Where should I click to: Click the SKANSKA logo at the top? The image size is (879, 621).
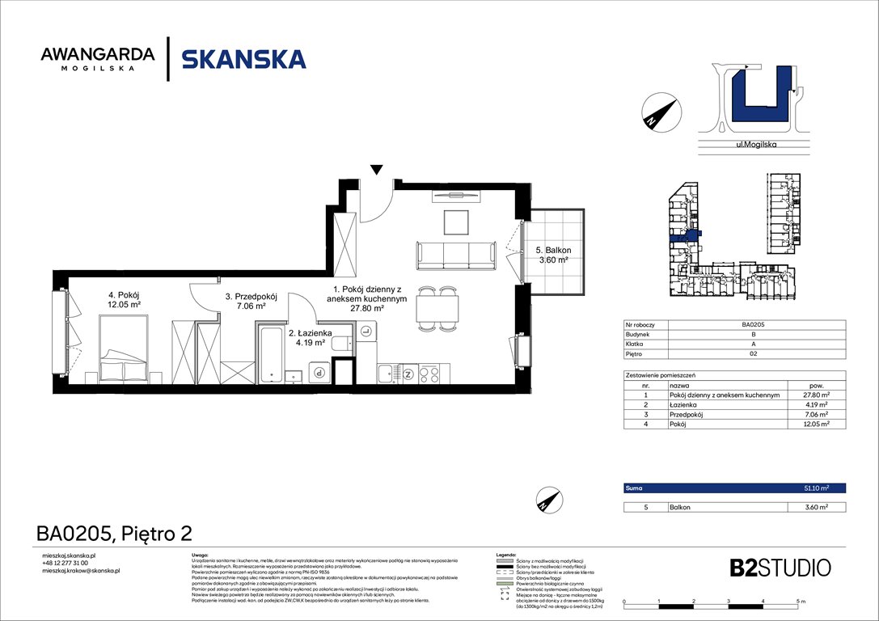pyautogui.click(x=243, y=59)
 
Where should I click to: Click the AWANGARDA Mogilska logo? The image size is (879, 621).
pyautogui.click(x=98, y=58)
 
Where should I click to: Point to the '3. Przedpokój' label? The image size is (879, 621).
pyautogui.click(x=251, y=297)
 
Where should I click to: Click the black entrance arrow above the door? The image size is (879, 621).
pyautogui.click(x=376, y=169)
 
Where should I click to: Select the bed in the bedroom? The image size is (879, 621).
pyautogui.click(x=123, y=349)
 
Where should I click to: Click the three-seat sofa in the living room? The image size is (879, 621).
pyautogui.click(x=456, y=256)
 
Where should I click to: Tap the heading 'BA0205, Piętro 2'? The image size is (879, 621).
pyautogui.click(x=113, y=533)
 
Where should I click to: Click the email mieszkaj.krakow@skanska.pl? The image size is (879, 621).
pyautogui.click(x=81, y=571)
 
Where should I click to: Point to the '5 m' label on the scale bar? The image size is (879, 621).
pyautogui.click(x=801, y=602)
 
